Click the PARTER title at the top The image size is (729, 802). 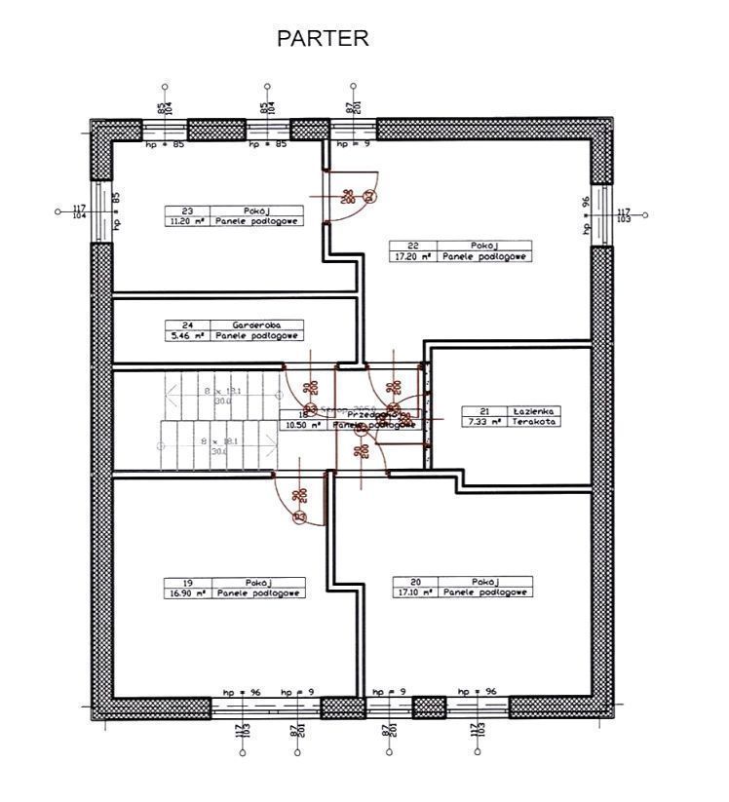pos(323,38)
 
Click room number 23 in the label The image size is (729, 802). pos(188,210)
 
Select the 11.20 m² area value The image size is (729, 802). pos(188,221)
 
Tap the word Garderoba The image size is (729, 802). pos(256,325)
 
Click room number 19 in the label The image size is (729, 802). pos(188,582)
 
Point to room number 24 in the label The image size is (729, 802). pos(188,325)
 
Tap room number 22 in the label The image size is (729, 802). pos(413,246)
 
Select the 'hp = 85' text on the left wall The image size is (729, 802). pos(117,210)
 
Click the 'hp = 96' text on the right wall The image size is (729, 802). pos(586,215)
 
